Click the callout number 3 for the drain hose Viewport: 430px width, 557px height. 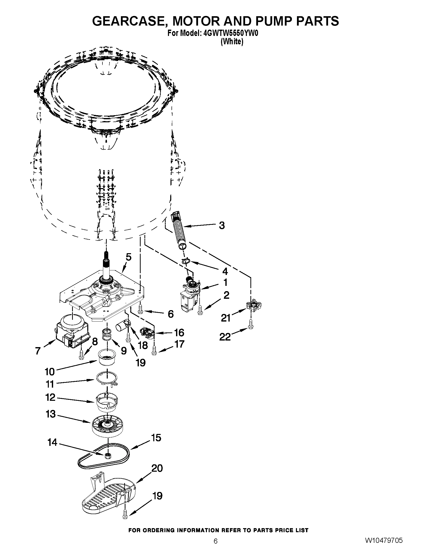[x=222, y=225]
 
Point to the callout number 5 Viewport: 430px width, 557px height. [x=129, y=257]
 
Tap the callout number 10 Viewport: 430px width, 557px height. [x=50, y=372]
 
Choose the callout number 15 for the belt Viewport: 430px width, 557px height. [x=156, y=438]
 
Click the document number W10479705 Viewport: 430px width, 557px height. [x=384, y=547]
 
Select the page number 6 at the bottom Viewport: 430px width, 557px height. [x=216, y=548]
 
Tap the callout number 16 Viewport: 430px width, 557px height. [x=179, y=333]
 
